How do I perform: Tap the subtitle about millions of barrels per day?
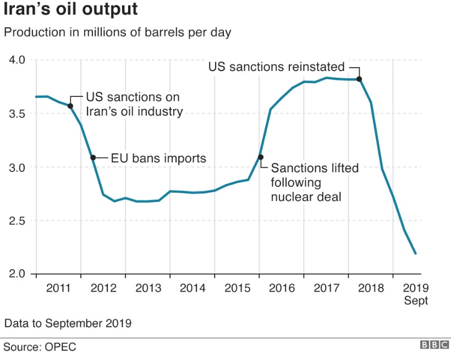[x=117, y=32]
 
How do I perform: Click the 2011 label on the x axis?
[x=58, y=288]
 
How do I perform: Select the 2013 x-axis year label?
[x=147, y=288]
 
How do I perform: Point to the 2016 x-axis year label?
[x=282, y=288]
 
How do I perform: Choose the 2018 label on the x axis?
[x=371, y=288]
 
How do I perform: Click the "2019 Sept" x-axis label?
[x=416, y=294]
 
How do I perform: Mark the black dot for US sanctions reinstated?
[x=359, y=79]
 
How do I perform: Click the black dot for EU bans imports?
[x=93, y=157]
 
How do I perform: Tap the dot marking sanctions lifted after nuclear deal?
[x=260, y=157]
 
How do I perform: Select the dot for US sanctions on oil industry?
[x=70, y=106]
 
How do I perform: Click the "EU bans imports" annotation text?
[x=158, y=159]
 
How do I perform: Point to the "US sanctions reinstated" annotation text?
[x=276, y=67]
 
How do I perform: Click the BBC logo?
[x=434, y=345]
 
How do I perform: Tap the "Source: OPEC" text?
[x=40, y=347]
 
